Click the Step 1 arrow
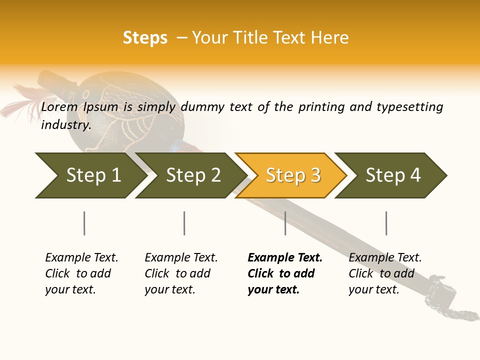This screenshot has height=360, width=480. pos(90,175)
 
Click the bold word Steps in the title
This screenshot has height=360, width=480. pos(145,38)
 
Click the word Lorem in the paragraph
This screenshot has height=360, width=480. pos(59,107)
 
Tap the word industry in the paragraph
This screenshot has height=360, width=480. pos(65,125)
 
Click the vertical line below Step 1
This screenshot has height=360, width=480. pos(84,223)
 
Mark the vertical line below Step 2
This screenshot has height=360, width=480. pos(184,223)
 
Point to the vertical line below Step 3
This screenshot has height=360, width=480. pos(285,223)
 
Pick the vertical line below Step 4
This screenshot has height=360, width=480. pos(386,223)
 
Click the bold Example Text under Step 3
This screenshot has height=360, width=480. pos(285,258)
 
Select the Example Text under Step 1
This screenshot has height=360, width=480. pos(81,258)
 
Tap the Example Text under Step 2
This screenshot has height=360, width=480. pos(181,258)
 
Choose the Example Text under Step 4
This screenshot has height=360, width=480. pos(385,258)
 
